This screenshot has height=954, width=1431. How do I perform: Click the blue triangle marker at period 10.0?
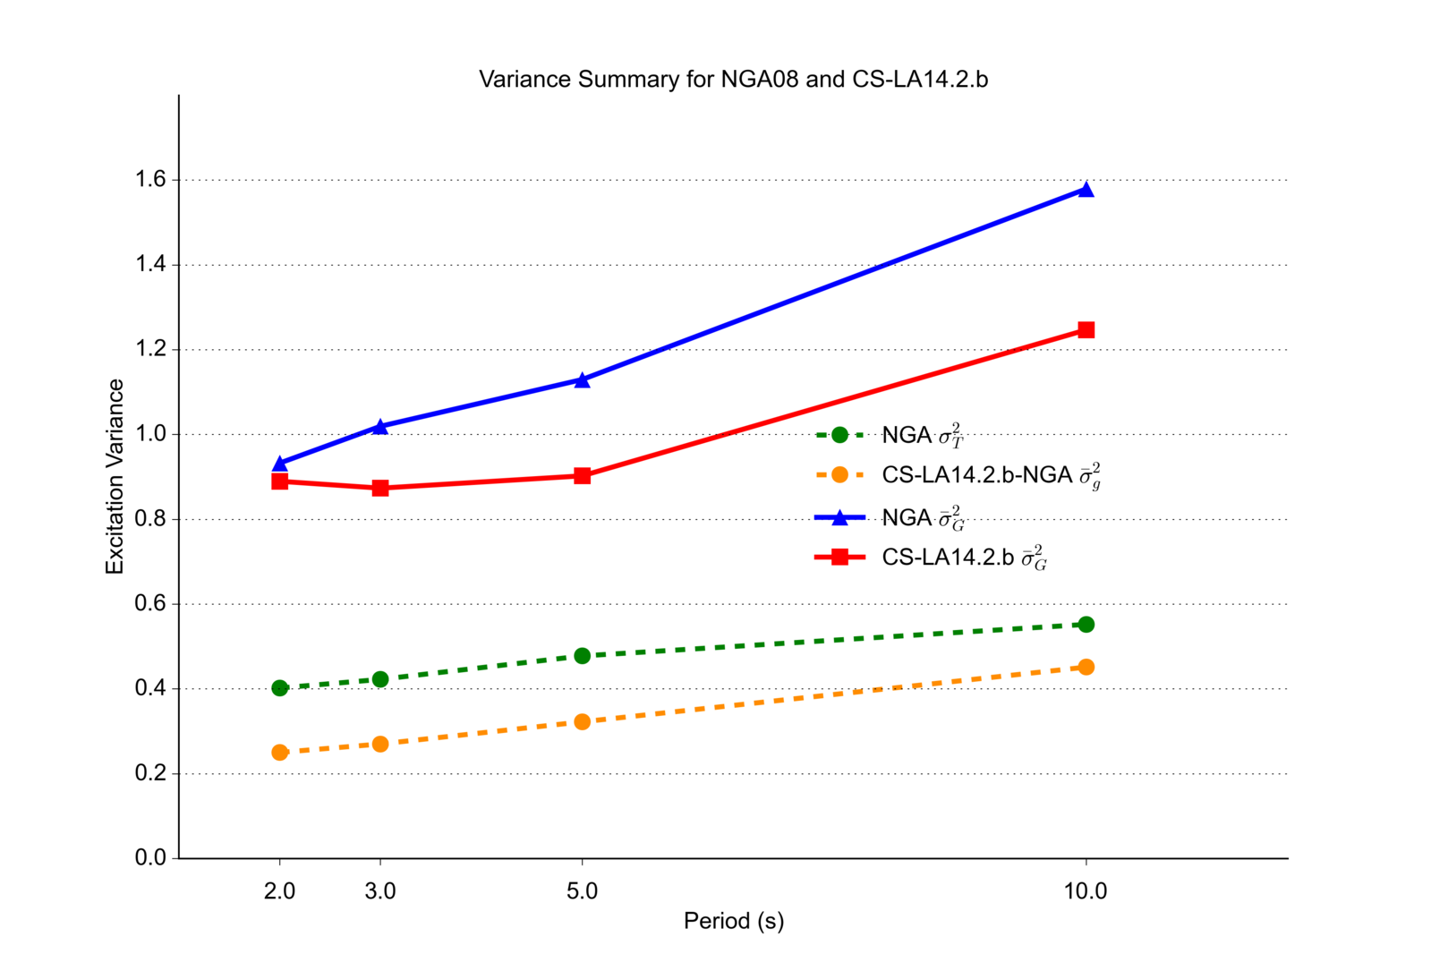[x=1086, y=189]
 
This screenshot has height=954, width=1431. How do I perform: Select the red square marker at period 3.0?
[x=380, y=488]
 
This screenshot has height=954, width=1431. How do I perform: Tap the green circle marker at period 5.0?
[x=583, y=656]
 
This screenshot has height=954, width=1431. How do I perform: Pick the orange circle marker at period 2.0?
[x=280, y=753]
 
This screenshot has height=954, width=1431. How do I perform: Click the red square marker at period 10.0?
[x=1086, y=330]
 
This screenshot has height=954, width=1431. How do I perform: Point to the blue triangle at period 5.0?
[x=583, y=380]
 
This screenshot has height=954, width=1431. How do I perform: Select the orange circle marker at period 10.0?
[x=1086, y=667]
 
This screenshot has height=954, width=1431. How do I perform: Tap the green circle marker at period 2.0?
[x=280, y=688]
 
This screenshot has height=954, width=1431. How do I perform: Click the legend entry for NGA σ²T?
[x=922, y=436]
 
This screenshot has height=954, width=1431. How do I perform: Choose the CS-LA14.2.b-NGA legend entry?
[x=990, y=475]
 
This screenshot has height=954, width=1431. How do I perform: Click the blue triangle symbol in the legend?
[x=839, y=517]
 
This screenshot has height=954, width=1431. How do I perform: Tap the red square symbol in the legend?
[x=839, y=558]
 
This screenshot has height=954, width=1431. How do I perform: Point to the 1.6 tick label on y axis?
[x=150, y=180]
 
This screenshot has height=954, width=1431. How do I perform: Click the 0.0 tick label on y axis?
[x=150, y=858]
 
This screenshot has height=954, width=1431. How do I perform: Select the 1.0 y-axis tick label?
[x=150, y=434]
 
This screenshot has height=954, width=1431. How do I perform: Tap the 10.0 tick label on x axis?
[x=1086, y=891]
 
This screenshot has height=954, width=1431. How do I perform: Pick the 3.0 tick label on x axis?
[x=380, y=891]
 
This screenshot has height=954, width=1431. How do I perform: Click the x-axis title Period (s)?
[x=733, y=921]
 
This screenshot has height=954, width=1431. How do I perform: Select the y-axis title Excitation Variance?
[x=115, y=477]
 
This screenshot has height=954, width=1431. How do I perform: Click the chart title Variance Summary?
[x=733, y=80]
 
